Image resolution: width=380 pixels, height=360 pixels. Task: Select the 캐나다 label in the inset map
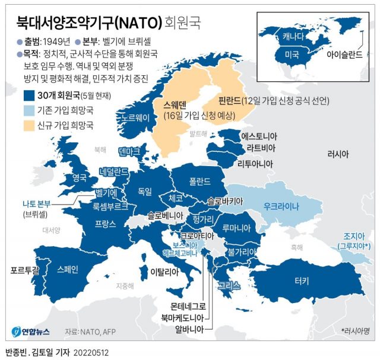coord(295,36)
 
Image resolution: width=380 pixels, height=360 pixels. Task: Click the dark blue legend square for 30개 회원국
coord(28,95)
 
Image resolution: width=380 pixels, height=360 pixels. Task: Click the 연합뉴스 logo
coord(33,330)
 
